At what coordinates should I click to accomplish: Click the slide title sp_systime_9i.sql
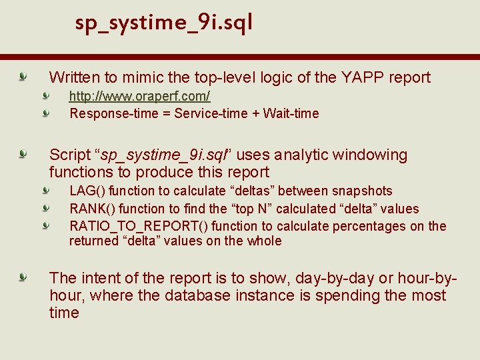(164, 23)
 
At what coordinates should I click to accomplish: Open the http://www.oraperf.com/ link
(139, 96)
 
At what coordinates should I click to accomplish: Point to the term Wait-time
(291, 113)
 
